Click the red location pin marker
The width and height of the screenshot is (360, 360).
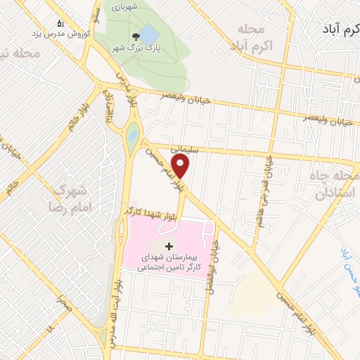coord(182,166)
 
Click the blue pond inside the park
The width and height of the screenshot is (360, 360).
coord(150,34)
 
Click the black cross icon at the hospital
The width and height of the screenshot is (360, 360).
coord(167,246)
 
